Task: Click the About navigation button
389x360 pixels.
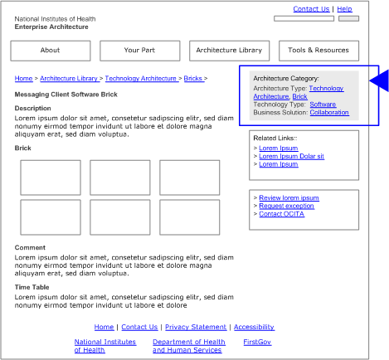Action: point(50,51)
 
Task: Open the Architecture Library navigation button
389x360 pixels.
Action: point(229,51)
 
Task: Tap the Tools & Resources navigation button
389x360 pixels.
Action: point(318,51)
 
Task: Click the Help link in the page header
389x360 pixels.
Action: point(344,9)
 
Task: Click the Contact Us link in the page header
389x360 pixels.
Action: point(311,9)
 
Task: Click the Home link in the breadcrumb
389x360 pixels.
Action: point(23,79)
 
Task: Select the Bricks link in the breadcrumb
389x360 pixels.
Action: point(192,79)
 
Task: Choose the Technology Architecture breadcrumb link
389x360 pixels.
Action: point(141,79)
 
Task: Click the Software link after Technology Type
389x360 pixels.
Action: point(323,105)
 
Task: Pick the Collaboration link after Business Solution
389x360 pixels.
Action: point(329,113)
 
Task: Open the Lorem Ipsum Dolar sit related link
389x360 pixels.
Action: point(291,156)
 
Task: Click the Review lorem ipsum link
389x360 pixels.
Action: point(289,198)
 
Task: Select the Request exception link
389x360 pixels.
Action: point(286,206)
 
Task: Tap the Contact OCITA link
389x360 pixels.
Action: point(282,214)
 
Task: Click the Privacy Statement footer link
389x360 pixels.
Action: point(196,328)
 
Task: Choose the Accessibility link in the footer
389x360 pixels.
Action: point(254,328)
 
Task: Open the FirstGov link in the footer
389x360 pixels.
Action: point(257,342)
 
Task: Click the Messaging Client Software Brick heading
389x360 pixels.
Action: point(66,95)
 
